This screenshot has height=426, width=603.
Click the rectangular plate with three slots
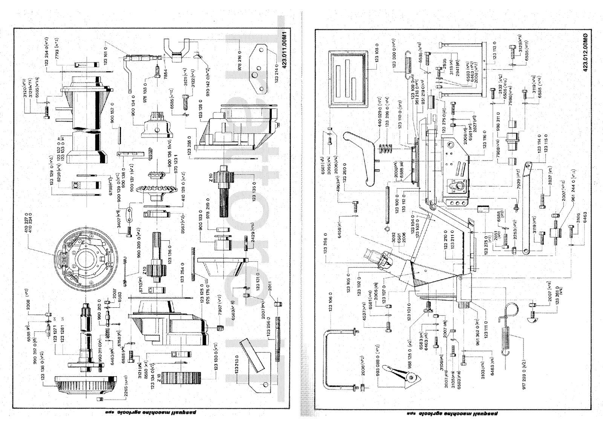click(349, 79)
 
